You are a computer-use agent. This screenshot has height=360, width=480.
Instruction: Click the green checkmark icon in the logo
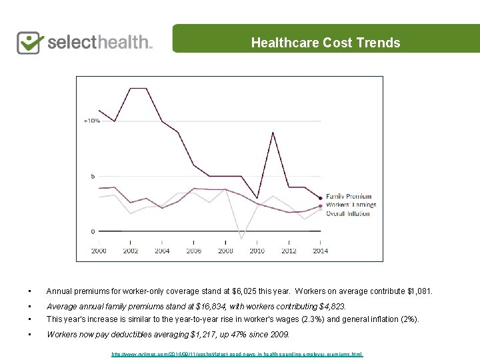[30, 42]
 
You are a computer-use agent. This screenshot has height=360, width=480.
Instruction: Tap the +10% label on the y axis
[91, 121]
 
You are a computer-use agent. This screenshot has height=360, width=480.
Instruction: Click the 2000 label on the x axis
[99, 251]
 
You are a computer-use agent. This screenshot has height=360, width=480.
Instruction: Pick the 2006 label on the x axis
[194, 251]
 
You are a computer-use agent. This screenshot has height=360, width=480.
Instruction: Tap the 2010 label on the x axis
[257, 251]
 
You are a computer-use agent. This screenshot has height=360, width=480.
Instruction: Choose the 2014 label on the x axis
[320, 251]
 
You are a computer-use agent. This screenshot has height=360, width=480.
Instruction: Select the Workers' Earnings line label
[351, 205]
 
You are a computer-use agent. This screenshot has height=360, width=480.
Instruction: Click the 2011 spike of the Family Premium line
[273, 133]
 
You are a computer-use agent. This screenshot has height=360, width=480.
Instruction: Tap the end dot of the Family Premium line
[321, 198]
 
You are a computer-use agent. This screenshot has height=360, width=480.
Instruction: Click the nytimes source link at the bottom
[237, 354]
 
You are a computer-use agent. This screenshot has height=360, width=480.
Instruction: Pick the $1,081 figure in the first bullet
[418, 291]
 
